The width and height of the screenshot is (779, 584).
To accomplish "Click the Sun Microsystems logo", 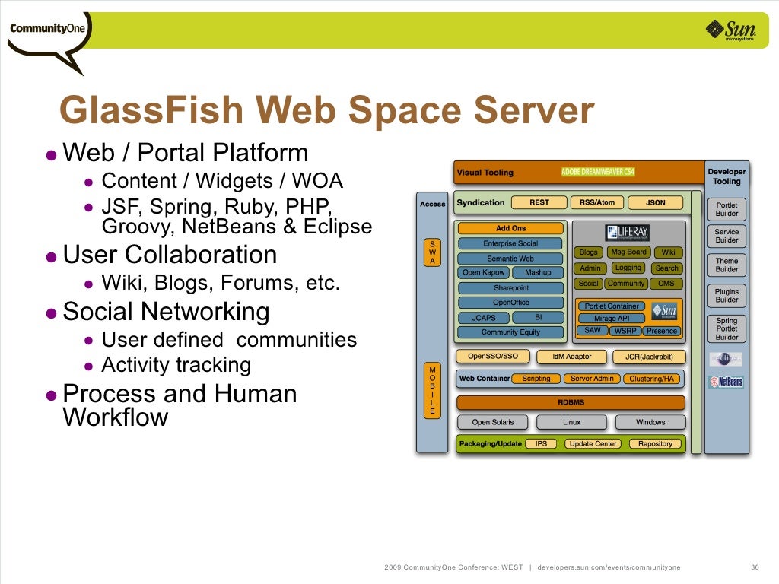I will (x=733, y=30).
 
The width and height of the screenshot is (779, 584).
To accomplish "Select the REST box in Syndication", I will (x=539, y=202).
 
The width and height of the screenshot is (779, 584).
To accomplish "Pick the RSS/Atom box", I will (x=596, y=202).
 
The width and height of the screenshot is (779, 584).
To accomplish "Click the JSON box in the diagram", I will (x=655, y=202).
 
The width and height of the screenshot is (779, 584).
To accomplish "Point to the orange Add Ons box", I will (x=510, y=228).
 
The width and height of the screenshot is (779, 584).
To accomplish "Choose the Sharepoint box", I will (x=510, y=288).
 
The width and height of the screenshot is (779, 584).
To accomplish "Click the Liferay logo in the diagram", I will (x=627, y=233).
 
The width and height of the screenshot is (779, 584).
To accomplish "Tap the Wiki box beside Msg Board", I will (x=667, y=252).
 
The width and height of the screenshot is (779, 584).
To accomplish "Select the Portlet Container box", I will (x=612, y=306).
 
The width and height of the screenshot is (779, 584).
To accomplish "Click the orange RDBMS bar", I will (x=571, y=402).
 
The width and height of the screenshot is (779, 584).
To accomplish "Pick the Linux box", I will (x=571, y=422).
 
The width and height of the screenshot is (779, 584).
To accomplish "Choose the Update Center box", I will (x=593, y=443).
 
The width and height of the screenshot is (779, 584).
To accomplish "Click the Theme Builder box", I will (x=727, y=265).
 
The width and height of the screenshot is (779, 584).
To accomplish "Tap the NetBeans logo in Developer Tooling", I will (x=726, y=382).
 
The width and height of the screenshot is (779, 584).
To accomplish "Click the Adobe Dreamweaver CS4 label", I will (x=597, y=173).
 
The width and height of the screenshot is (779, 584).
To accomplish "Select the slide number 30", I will (x=755, y=567).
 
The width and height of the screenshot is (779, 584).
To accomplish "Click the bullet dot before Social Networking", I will (x=51, y=313).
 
